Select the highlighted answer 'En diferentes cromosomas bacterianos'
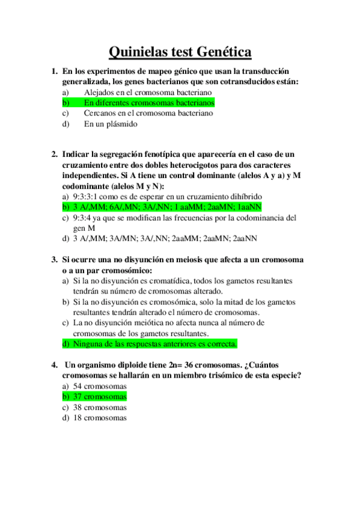[x=149, y=103]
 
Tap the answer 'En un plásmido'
[x=111, y=124]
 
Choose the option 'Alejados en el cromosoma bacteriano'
[x=148, y=92]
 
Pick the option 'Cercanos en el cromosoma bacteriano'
[x=148, y=114]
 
